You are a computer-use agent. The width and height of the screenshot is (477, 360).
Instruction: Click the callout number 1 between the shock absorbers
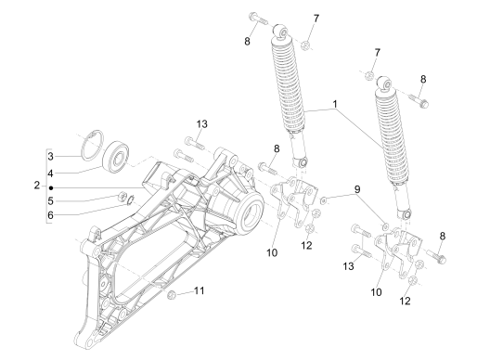click(x=335, y=104)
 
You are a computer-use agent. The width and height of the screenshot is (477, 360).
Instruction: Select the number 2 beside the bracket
click(x=37, y=186)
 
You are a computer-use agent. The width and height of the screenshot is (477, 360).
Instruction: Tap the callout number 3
click(x=50, y=156)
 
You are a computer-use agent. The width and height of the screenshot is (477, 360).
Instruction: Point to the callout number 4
click(x=50, y=174)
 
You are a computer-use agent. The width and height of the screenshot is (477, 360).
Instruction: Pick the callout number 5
click(x=50, y=201)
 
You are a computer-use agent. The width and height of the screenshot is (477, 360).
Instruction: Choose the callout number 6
click(x=50, y=215)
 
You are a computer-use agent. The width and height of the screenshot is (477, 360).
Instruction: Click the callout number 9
click(x=357, y=189)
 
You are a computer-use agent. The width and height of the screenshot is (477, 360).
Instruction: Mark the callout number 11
click(x=200, y=290)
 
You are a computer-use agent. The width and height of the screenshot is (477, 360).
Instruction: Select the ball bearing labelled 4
click(x=115, y=159)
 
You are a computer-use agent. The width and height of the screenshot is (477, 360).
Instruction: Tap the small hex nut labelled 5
click(x=122, y=196)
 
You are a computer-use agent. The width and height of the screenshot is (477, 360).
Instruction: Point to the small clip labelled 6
click(x=131, y=200)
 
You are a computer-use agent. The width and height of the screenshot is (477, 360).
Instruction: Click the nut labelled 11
click(x=172, y=295)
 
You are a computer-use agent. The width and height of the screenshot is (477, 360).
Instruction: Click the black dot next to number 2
click(x=51, y=187)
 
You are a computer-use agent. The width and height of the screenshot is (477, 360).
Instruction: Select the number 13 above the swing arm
click(x=201, y=124)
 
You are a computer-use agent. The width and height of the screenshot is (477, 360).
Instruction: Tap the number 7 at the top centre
click(x=316, y=19)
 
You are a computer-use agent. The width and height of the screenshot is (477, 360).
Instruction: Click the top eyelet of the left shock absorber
click(x=281, y=32)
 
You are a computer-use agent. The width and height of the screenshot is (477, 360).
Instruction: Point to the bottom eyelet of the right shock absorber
click(x=406, y=213)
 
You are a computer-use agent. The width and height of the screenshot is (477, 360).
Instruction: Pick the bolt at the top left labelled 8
click(x=258, y=18)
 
